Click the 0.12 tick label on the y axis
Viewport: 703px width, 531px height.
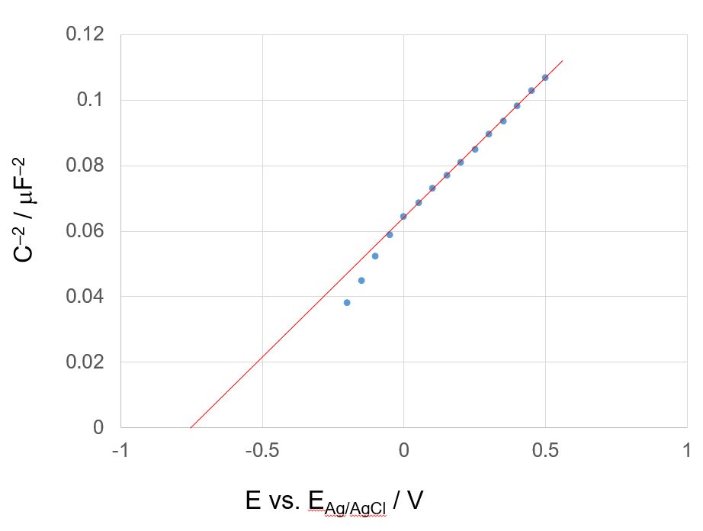pyautogui.click(x=87, y=35)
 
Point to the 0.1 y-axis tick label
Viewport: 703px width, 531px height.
pyautogui.click(x=93, y=101)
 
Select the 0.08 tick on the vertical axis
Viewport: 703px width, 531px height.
pyautogui.click(x=87, y=166)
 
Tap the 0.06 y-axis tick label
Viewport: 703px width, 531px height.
pyautogui.click(x=87, y=231)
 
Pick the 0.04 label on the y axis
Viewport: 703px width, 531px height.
pyautogui.click(x=87, y=297)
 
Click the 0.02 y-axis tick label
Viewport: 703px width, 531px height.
pyautogui.click(x=87, y=362)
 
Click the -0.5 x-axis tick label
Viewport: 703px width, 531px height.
pyautogui.click(x=262, y=451)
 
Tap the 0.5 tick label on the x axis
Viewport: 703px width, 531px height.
pyautogui.click(x=545, y=451)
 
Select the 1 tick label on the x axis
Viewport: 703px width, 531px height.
pyautogui.click(x=687, y=451)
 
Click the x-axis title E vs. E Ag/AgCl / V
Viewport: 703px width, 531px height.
pyautogui.click(x=334, y=501)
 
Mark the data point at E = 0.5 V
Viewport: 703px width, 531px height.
pyautogui.click(x=545, y=77)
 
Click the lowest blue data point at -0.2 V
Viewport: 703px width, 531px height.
pyautogui.click(x=347, y=303)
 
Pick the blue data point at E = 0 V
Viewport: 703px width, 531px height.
pyautogui.click(x=403, y=216)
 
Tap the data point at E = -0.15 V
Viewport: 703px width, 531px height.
pyautogui.click(x=361, y=281)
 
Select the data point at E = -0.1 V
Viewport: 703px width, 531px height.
pyautogui.click(x=375, y=256)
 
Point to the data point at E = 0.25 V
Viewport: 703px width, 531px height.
pyautogui.click(x=475, y=149)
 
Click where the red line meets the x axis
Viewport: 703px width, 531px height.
pyautogui.click(x=190, y=427)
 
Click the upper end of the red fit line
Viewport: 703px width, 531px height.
pyautogui.click(x=562, y=61)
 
